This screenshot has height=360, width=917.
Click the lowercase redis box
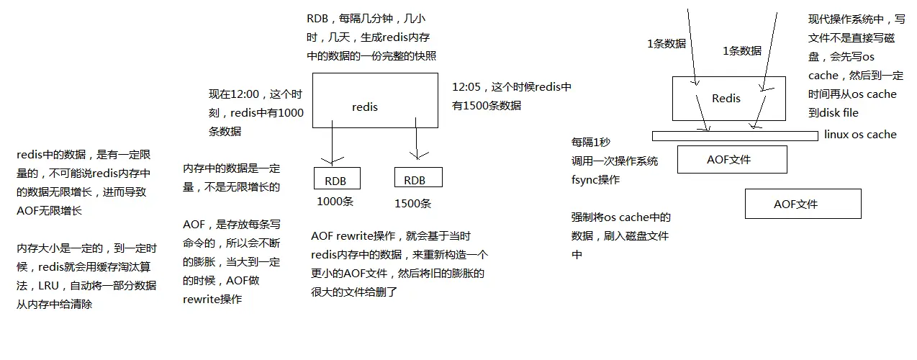point(374,100)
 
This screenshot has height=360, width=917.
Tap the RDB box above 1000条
point(336,179)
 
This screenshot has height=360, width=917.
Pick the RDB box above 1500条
point(418,178)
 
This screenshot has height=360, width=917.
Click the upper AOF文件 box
point(731,159)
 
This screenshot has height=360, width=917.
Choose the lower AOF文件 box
point(803,204)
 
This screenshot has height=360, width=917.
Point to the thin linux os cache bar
point(734,135)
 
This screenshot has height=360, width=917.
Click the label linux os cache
point(860,135)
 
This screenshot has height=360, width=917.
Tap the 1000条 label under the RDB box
point(335,202)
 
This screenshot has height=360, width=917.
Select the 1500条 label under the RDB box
point(413,203)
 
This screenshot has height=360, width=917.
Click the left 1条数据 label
point(667,43)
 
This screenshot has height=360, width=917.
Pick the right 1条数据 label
point(741,51)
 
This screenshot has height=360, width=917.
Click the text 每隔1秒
point(591,143)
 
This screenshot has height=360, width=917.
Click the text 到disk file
point(834,113)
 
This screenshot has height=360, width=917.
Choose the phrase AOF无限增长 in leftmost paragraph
point(49,211)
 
